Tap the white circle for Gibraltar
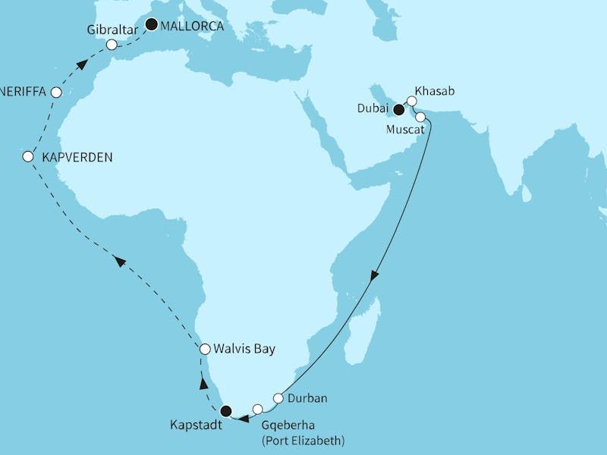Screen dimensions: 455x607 click(x=112, y=45)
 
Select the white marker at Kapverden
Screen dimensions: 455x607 click(x=28, y=157)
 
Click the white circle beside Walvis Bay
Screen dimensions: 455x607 click(x=204, y=350)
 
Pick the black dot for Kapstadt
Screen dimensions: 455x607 click(x=225, y=412)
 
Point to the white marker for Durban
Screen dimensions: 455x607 click(x=278, y=398)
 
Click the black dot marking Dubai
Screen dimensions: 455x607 click(x=398, y=109)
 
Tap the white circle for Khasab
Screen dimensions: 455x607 click(x=412, y=100)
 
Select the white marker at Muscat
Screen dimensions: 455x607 click(x=420, y=118)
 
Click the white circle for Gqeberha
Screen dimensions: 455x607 click(x=258, y=409)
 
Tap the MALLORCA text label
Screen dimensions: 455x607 click(x=190, y=24)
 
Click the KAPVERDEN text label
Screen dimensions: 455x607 click(x=77, y=158)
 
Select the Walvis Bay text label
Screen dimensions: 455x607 click(x=245, y=350)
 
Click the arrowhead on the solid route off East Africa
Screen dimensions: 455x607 click(x=373, y=279)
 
